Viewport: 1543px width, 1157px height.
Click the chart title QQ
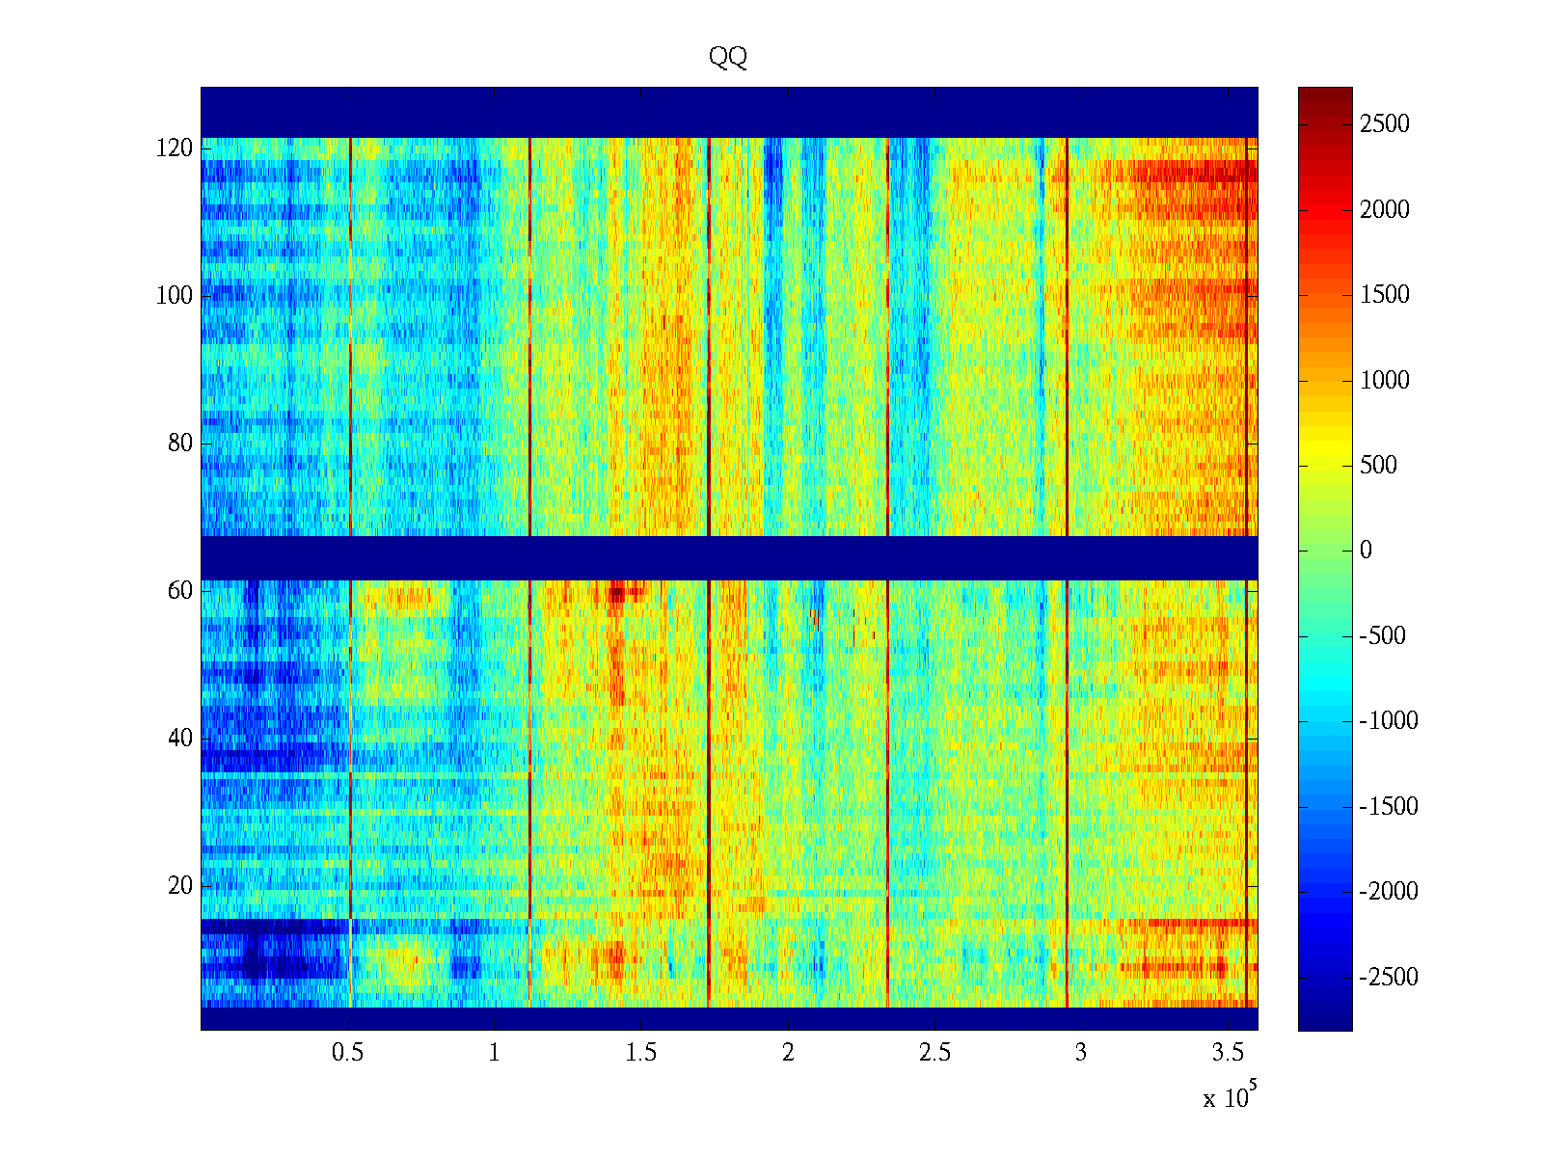(728, 58)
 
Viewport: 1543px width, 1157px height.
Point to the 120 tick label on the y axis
(175, 148)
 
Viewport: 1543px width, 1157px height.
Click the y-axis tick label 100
(175, 296)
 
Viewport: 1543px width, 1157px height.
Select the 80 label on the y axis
(180, 444)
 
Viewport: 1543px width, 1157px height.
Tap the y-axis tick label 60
(180, 591)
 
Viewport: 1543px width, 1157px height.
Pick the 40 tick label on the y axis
(180, 739)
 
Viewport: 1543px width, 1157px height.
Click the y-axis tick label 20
(180, 886)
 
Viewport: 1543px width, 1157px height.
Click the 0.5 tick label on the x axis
(347, 1053)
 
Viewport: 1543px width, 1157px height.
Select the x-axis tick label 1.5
(640, 1053)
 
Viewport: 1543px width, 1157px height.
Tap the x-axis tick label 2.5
(934, 1053)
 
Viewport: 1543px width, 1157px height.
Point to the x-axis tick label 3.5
(1228, 1053)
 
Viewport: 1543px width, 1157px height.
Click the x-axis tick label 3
(1081, 1053)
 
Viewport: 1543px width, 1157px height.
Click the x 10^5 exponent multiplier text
(1229, 1097)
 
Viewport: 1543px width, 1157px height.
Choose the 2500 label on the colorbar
(1384, 124)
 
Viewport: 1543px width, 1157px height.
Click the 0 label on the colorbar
(1366, 551)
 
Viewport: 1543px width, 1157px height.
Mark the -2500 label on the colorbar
(1389, 978)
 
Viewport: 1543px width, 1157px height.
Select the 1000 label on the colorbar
(1384, 380)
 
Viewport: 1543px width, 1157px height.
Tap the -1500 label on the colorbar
(1389, 807)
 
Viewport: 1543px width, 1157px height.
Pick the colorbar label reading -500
(1383, 636)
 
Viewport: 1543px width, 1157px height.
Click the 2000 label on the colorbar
(1384, 210)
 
